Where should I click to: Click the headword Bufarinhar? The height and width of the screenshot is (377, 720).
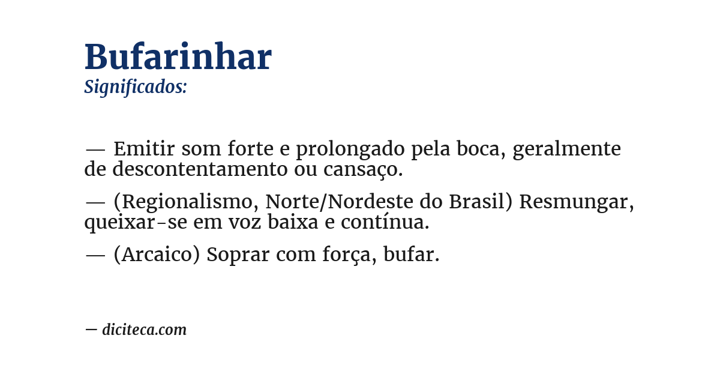(x=178, y=58)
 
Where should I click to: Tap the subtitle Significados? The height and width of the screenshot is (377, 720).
(x=136, y=87)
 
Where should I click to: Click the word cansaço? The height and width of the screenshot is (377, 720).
(x=363, y=170)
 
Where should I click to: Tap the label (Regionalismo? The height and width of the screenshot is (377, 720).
(x=186, y=202)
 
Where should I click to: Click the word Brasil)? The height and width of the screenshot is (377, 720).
(x=480, y=202)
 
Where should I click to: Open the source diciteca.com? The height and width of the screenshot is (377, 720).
(x=144, y=330)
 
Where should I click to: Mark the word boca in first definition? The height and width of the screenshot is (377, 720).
(x=476, y=148)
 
